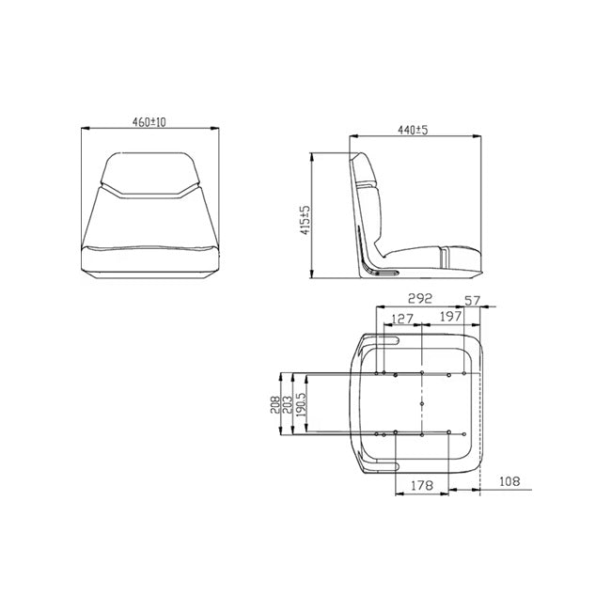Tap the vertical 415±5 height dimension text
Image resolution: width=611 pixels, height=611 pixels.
pyautogui.click(x=305, y=222)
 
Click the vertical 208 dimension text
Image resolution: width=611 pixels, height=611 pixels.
pyautogui.click(x=274, y=403)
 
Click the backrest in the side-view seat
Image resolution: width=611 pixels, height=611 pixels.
pyautogui.click(x=368, y=211)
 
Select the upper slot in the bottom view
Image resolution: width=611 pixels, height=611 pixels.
pyautogui.click(x=386, y=337)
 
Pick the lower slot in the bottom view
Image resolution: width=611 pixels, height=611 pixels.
pyautogui.click(x=386, y=466)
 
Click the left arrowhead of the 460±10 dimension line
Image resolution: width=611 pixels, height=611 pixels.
pyautogui.click(x=85, y=129)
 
